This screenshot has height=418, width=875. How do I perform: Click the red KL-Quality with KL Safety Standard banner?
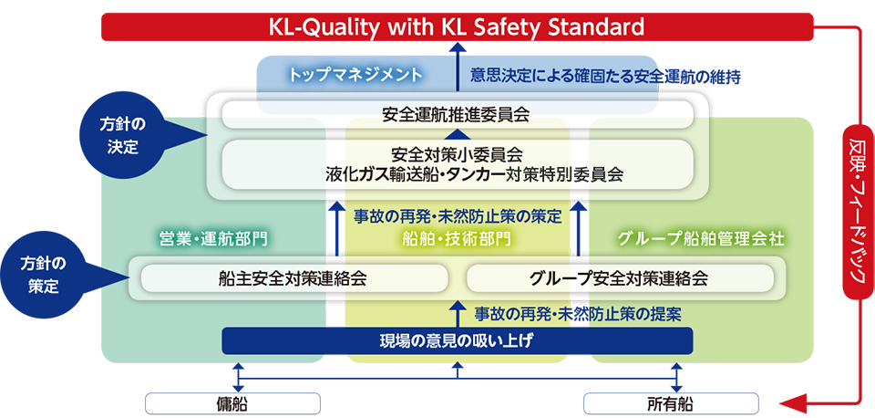point(457,26)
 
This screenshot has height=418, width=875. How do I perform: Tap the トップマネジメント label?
point(355,76)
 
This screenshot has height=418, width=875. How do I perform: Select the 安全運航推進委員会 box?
point(457,115)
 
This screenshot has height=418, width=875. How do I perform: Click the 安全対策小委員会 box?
point(457,163)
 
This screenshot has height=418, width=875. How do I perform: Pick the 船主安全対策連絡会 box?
point(294,278)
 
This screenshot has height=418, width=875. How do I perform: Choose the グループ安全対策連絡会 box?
point(620,278)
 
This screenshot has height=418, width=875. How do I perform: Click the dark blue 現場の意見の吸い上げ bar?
point(457,341)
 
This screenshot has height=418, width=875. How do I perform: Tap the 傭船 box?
point(232,402)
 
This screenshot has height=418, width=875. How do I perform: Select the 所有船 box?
point(671,402)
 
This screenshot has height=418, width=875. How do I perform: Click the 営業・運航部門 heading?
point(211,240)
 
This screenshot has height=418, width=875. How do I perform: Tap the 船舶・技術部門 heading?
point(456,240)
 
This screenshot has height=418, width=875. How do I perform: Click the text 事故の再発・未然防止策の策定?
point(458,214)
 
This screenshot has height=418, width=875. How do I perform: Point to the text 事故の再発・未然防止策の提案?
point(578,314)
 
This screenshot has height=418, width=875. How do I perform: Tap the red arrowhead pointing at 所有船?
point(792,402)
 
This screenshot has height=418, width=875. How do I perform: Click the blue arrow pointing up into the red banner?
point(457,66)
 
